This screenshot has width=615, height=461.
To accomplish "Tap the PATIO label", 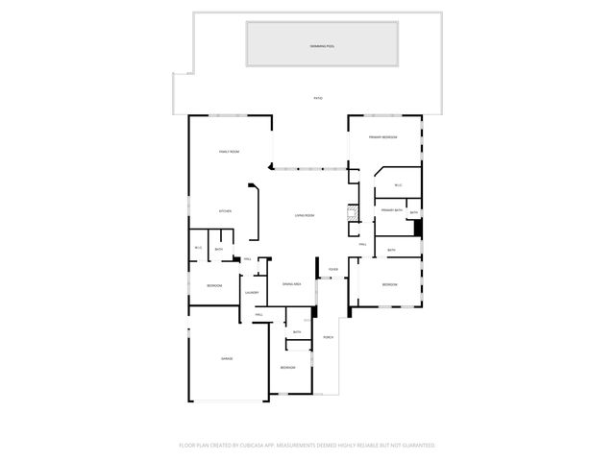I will coord(317,98).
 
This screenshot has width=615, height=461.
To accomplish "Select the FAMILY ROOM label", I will coord(229,152).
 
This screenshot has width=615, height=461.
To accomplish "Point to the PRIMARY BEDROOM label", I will coord(383,137).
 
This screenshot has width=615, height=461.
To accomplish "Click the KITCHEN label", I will coord(225,211).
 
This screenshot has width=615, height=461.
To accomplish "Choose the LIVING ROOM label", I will coord(305,215).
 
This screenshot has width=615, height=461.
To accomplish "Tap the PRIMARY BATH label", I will coord(389,209).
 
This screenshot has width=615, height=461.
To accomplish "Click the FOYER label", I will coord(332,270).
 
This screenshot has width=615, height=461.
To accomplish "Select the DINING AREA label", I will coord(292,284).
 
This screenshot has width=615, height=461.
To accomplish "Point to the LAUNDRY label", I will coord(252,293).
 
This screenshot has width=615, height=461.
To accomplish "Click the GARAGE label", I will coord(227,358).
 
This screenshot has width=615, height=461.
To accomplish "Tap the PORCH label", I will coord(328,337).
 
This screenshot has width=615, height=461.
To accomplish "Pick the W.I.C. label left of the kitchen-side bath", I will coord(198,249).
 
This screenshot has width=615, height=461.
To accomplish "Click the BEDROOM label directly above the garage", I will coord(214,286).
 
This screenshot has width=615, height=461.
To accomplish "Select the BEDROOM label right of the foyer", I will coord(389,284).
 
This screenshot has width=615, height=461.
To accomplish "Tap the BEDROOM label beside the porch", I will coord(288,368).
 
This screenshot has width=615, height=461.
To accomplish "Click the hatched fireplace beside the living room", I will coord(353,214).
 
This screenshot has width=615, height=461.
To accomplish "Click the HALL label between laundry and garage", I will coord(258,315).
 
